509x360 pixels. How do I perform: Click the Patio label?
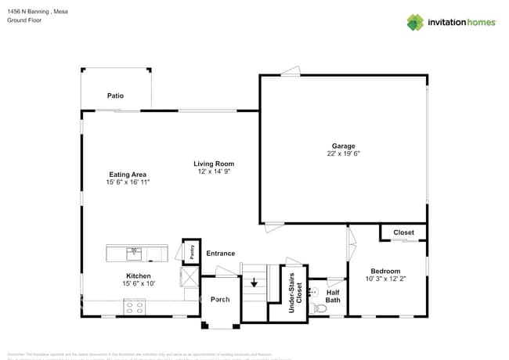pyautogui.click(x=115, y=95)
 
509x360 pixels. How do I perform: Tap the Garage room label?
pyautogui.click(x=343, y=146)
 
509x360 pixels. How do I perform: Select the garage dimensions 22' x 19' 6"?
pyautogui.click(x=343, y=154)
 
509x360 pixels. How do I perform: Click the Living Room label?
pyautogui.click(x=214, y=164)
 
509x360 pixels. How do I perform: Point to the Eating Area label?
pyautogui.click(x=127, y=175)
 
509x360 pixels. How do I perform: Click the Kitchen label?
pyautogui.click(x=139, y=275)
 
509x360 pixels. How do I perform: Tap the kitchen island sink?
pyautogui.click(x=134, y=252)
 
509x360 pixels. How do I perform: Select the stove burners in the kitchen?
pyautogui.click(x=134, y=309)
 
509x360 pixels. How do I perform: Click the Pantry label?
pyautogui.click(x=190, y=251)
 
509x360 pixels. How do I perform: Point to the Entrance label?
pyautogui.click(x=220, y=254)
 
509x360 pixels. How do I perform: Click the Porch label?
pyautogui.click(x=220, y=299)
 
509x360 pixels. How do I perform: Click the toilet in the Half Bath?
pyautogui.click(x=319, y=309)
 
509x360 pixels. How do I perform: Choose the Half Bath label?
pyautogui.click(x=333, y=296)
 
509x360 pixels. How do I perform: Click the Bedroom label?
pyautogui.click(x=385, y=271)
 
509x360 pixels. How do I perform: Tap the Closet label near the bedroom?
pyautogui.click(x=403, y=232)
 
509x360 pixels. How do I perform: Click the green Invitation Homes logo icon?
pyautogui.click(x=415, y=22)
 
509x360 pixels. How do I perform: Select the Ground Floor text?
pyautogui.click(x=23, y=20)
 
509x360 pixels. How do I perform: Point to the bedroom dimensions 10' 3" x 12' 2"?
pyautogui.click(x=385, y=279)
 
